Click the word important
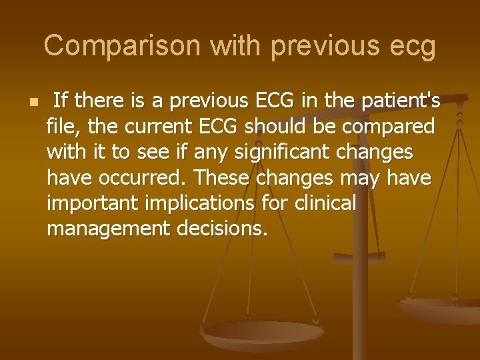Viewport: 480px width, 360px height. [91, 203]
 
